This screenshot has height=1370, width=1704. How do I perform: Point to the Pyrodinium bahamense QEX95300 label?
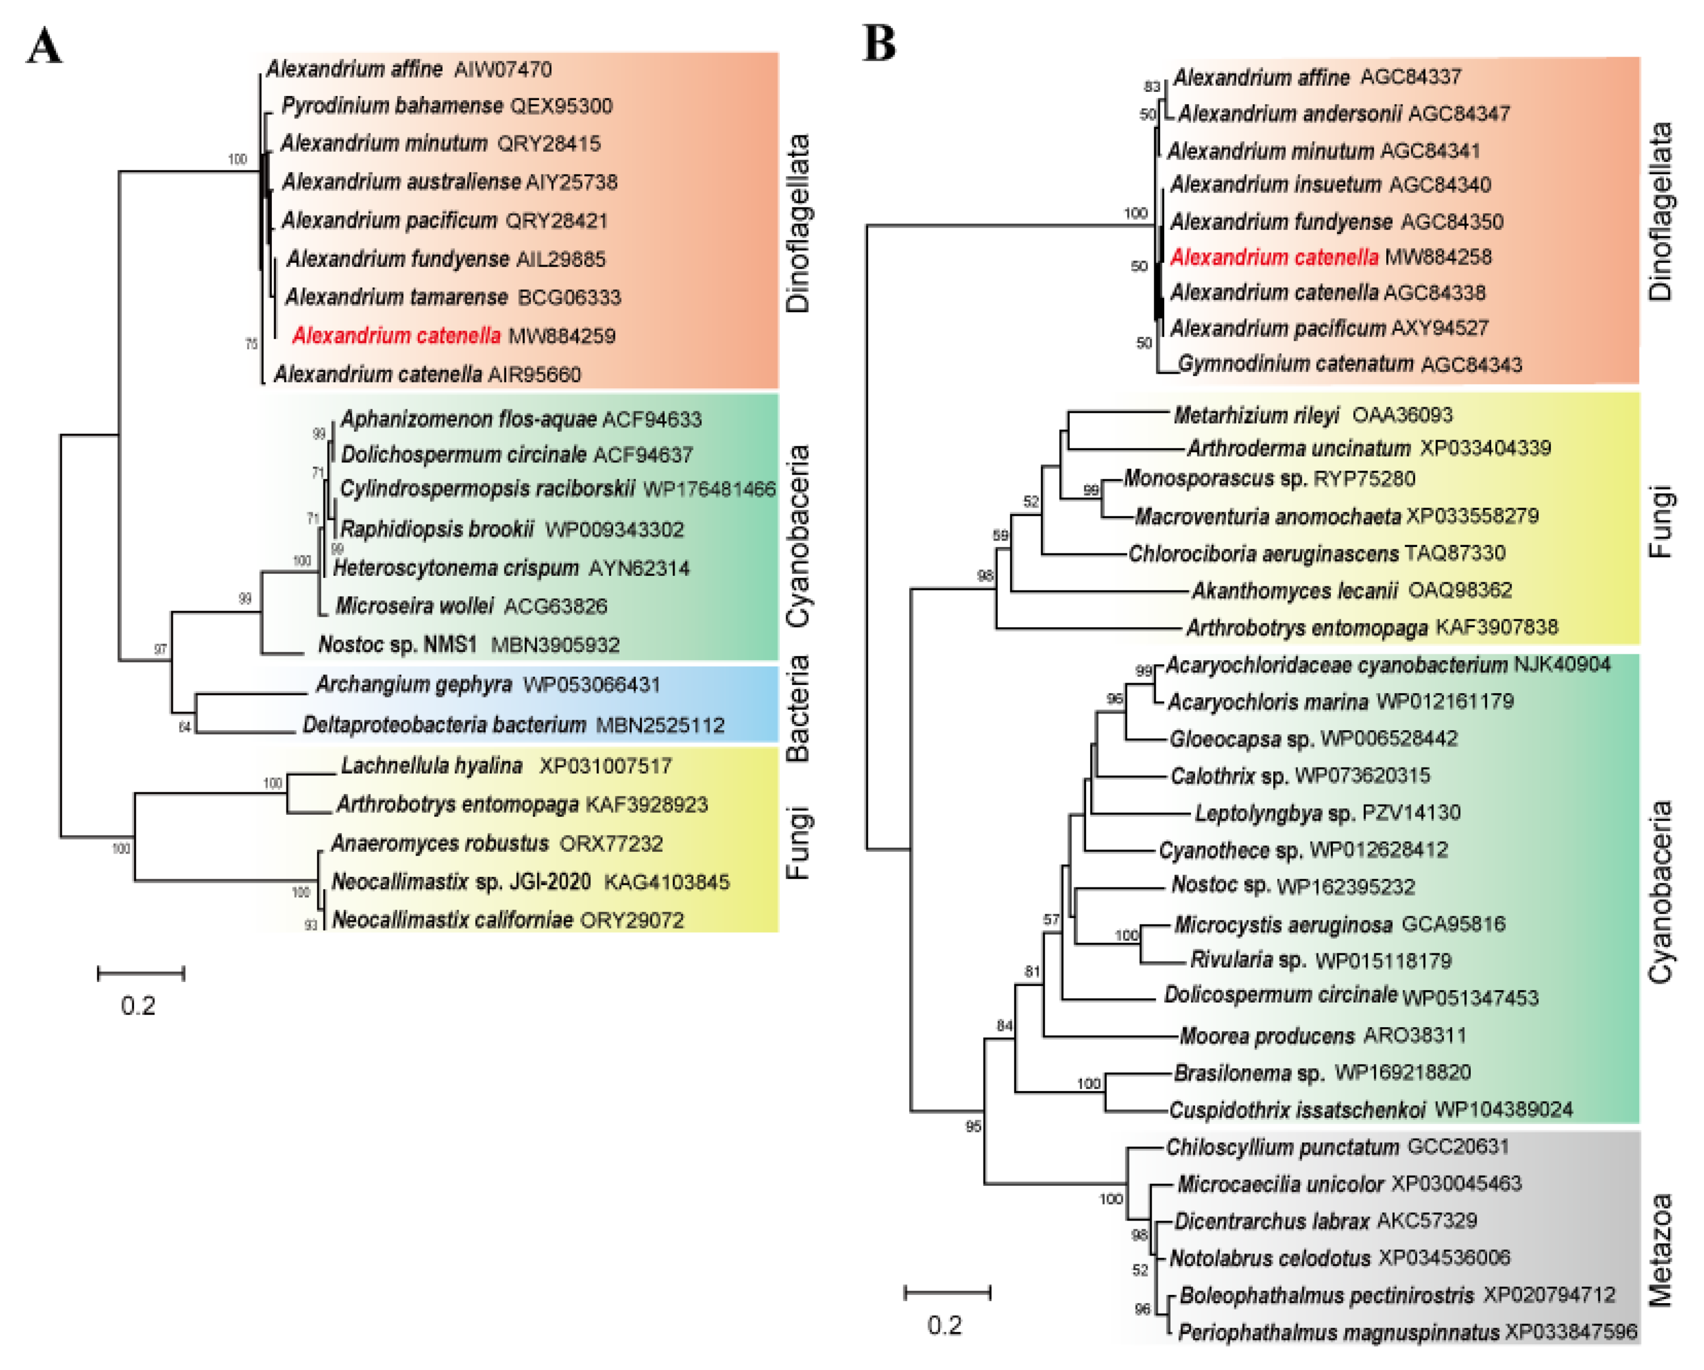pos(447,106)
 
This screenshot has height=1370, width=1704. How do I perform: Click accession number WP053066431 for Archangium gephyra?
pos(591,685)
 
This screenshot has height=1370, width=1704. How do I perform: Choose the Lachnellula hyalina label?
pos(431,765)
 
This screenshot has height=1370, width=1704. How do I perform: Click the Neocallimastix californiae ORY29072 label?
pos(507,920)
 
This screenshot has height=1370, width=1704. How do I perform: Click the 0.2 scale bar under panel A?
pos(141,973)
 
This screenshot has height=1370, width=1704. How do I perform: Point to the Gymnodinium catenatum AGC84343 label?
pos(1349,364)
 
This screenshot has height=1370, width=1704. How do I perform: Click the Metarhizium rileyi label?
pos(1256,415)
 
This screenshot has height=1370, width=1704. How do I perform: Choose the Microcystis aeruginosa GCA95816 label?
pos(1339,924)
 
